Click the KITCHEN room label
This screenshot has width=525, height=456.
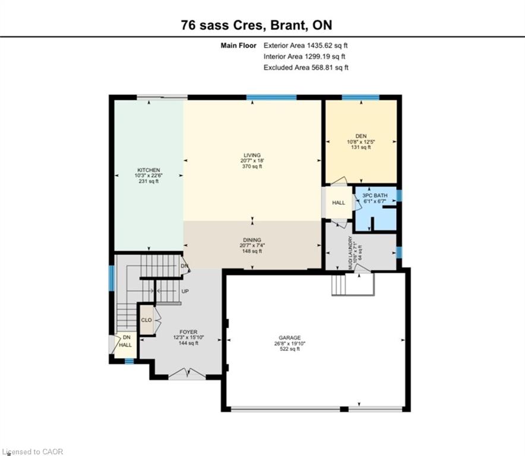(148, 170)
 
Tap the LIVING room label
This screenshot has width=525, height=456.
(252, 156)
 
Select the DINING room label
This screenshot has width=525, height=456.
(252, 240)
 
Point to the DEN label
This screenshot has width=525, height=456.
(361, 136)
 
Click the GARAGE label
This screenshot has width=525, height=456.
(290, 338)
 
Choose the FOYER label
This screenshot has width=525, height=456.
(188, 332)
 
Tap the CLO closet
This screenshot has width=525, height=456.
(146, 320)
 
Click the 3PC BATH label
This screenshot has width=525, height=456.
(375, 195)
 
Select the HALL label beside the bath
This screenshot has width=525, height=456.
(339, 202)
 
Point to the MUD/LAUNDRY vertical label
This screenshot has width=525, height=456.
(350, 253)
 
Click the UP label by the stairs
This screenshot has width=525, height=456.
(185, 292)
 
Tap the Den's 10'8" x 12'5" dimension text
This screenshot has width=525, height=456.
(361, 142)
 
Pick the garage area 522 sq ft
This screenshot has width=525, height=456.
(290, 349)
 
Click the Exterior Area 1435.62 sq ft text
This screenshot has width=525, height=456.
(306, 46)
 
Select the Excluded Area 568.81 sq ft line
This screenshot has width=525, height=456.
(306, 68)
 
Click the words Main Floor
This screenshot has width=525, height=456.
(238, 46)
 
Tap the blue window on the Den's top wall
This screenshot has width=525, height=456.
(360, 97)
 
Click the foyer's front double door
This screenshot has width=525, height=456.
(187, 374)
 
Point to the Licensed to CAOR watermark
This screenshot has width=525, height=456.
(32, 452)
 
